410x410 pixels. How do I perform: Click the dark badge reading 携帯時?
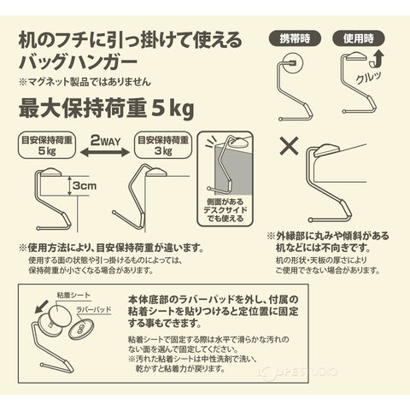tap(295, 38)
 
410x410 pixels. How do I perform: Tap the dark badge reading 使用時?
tap(359, 38)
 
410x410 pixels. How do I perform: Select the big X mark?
tap(289, 146)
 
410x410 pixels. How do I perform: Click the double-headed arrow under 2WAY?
tap(105, 153)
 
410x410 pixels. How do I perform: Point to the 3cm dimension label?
tap(85, 186)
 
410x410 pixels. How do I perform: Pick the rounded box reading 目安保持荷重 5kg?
tap(47, 145)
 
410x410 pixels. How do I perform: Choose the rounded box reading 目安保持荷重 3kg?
tap(163, 145)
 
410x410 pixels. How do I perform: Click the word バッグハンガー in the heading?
tap(78, 61)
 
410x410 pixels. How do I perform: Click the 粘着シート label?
tap(73, 296)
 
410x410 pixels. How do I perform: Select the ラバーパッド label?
tap(94, 309)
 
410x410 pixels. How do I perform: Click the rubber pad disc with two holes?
tap(80, 329)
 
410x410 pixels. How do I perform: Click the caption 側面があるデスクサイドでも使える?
tap(225, 210)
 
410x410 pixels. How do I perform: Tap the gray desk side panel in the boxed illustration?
tap(233, 171)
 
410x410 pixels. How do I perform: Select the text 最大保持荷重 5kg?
tap(107, 109)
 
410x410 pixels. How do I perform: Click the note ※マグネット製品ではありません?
tap(85, 82)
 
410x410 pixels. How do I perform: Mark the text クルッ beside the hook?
tap(368, 78)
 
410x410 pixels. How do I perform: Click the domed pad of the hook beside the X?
tap(326, 150)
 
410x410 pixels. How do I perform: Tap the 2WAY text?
tap(105, 140)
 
